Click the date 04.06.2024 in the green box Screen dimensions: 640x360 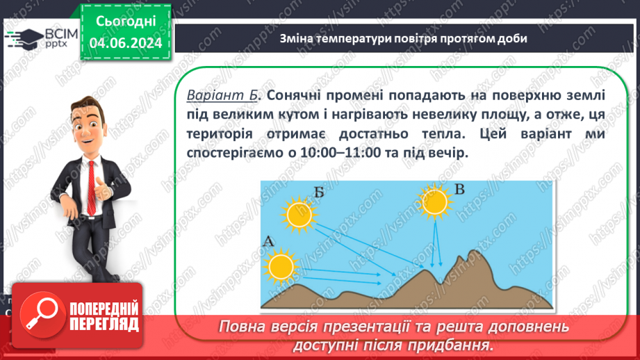coord(126,43)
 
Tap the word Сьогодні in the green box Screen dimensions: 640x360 coord(126,22)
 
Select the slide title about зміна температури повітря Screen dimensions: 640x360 coord(403,38)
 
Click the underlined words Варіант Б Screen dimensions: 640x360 coord(222,95)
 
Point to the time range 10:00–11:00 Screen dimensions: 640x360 coord(340,153)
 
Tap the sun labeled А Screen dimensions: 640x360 coord(281,267)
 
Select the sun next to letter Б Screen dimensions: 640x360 coord(300,214)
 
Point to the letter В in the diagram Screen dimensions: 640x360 coord(459,190)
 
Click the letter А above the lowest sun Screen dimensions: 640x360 coord(268,241)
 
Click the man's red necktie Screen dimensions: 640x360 coord(92,188)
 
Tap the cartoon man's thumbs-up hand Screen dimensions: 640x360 coord(102,188)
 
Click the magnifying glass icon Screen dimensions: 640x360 coord(42,314)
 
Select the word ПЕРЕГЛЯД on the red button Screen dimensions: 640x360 coord(104,325)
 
